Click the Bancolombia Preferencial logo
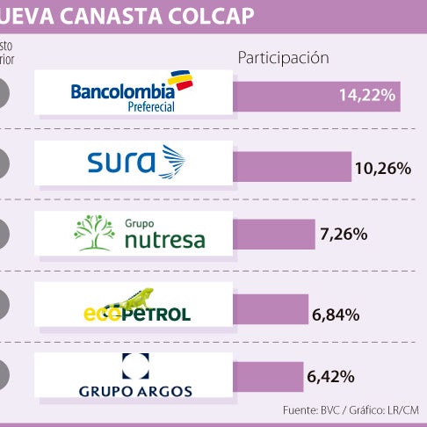[133, 91]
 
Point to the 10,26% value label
[382, 167]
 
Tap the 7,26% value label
[344, 235]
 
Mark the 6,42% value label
[331, 377]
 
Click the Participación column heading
[283, 58]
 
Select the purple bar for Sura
[289, 167]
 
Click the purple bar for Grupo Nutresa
[273, 235]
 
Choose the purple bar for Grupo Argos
[267, 377]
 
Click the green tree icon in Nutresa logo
[94, 233]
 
